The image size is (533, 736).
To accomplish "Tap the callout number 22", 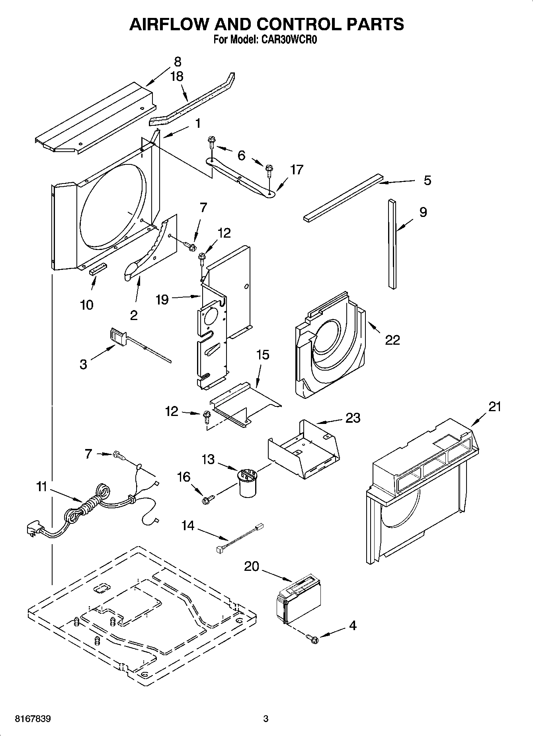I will coord(392,340).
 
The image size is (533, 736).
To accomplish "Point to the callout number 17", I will coord(297,170).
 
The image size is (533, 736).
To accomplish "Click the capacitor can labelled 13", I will coord(248,482).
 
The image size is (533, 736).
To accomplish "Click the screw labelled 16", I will coord(207,500).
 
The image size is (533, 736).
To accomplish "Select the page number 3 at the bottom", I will coord(266,719).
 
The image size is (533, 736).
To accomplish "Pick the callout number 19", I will coord(162,299).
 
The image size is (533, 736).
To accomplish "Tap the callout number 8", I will coord(178,62).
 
